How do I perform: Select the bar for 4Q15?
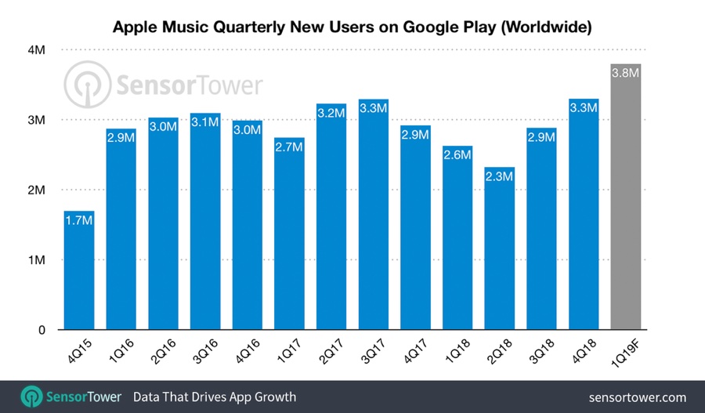pos(79,274)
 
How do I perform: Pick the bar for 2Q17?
pos(331,219)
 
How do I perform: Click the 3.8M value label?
pos(626,74)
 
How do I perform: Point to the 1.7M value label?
pos(79,221)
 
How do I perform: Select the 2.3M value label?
pos(500,177)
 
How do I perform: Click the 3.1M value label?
pos(205,123)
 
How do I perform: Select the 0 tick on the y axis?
pos(42,330)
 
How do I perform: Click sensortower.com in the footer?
pos(636,397)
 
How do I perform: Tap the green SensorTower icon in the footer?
pos(31,397)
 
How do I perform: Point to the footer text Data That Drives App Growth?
pos(215,397)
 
